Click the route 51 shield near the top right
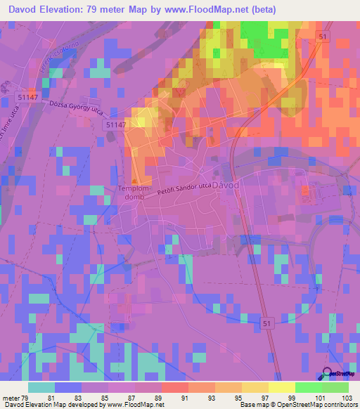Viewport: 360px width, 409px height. (x=323, y=37)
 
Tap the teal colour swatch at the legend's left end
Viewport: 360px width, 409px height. (x=41, y=387)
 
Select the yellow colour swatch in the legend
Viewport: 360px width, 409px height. (x=281, y=387)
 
